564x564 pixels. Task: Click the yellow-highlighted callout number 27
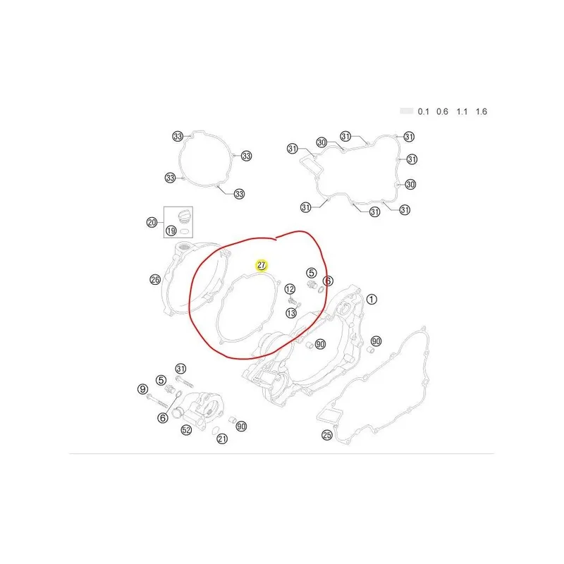261,266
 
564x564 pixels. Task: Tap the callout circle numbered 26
155,279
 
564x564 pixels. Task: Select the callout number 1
372,299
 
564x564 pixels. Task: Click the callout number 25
326,435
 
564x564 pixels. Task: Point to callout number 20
152,222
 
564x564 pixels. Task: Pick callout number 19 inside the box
171,231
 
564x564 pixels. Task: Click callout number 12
290,289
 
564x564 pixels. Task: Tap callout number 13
291,313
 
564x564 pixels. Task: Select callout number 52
186,429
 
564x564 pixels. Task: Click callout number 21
222,439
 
